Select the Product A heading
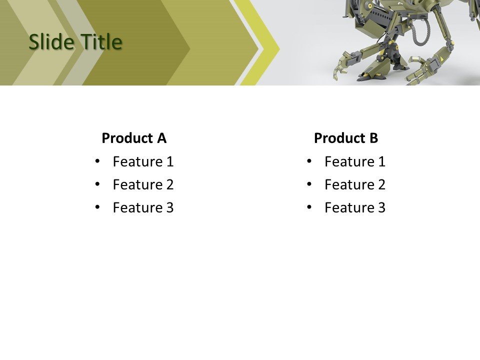click(x=134, y=138)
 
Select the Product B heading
click(x=346, y=138)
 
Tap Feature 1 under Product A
click(x=143, y=161)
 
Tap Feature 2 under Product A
click(x=143, y=184)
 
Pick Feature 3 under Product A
click(x=143, y=207)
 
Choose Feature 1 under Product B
click(x=355, y=161)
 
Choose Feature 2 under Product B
click(x=355, y=184)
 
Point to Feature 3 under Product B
click(x=355, y=207)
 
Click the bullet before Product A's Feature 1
click(x=97, y=161)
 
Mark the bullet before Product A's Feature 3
click(x=97, y=207)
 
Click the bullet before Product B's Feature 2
click(x=309, y=184)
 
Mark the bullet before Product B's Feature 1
click(x=309, y=161)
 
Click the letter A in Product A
click(x=161, y=138)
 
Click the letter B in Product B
click(x=373, y=138)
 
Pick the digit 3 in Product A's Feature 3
click(x=169, y=207)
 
